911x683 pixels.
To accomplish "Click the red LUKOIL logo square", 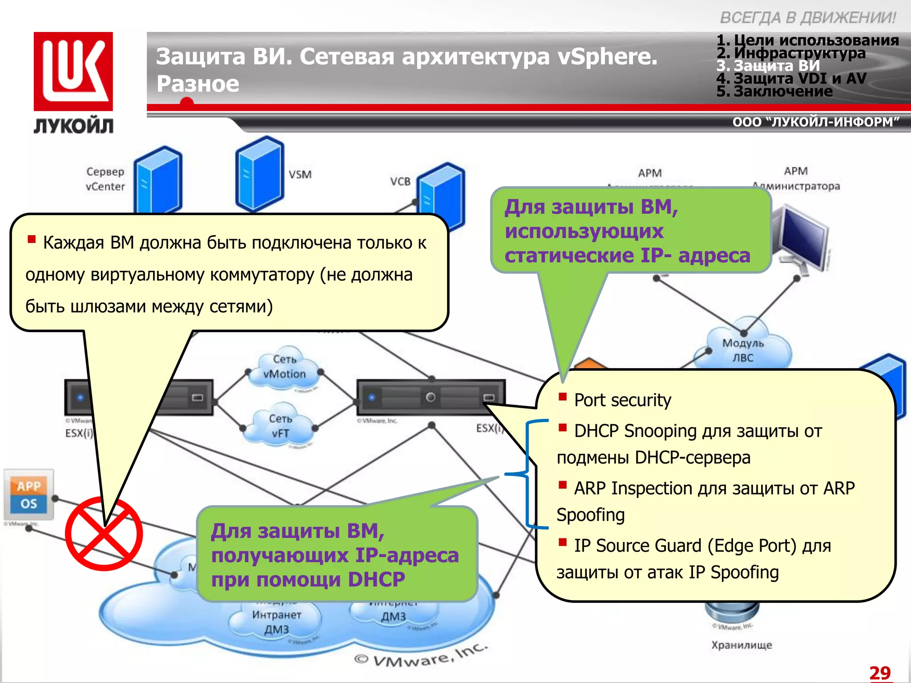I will [73, 71].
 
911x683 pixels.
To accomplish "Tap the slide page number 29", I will [879, 672].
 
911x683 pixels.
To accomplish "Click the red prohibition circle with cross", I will [104, 534].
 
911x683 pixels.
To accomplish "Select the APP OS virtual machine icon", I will [29, 494].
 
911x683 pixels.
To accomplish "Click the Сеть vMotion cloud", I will [284, 367].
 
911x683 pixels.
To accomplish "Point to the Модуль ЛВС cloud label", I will [742, 350].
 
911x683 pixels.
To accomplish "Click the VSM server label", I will [300, 174].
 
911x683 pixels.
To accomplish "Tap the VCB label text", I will [400, 181].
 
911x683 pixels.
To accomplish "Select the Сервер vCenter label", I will [105, 179].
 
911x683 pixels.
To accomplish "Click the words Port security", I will [622, 400].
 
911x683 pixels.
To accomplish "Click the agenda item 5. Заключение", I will [774, 92].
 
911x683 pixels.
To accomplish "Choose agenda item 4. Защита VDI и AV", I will [791, 79].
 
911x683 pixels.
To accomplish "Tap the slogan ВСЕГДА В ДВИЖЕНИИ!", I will [807, 18].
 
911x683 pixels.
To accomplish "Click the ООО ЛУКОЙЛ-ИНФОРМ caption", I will [815, 122].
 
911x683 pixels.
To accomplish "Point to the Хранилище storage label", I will [742, 645].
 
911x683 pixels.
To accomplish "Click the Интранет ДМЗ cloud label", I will [276, 622].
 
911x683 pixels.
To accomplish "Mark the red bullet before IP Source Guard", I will [563, 542].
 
